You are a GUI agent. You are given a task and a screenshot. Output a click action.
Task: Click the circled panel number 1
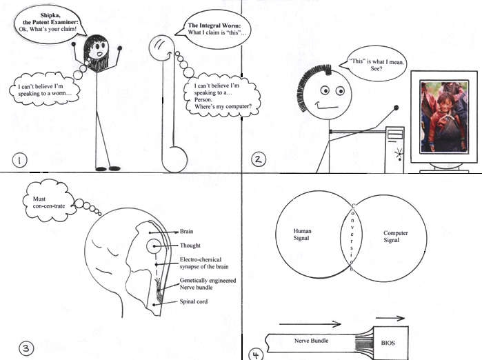20,160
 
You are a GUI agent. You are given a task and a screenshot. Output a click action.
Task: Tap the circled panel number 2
258,159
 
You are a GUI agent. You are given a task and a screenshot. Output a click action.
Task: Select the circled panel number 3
26,348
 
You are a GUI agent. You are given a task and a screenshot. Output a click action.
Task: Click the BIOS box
390,343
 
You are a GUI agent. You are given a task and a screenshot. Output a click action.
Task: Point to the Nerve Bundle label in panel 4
311,341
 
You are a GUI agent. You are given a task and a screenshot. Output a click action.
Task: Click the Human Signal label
302,234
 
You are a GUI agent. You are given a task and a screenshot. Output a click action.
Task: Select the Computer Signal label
396,237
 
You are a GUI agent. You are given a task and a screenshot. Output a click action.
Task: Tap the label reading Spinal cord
193,301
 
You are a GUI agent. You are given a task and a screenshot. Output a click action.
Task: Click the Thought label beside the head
190,246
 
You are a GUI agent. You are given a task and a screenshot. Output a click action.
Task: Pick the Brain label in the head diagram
186,231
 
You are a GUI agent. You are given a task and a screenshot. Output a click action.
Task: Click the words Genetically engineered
208,281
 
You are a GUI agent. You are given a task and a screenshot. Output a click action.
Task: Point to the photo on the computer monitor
445,117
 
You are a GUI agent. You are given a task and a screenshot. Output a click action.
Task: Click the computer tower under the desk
394,150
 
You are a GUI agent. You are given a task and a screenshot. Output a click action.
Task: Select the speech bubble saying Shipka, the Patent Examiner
49,24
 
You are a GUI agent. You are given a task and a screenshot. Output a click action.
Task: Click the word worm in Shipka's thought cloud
60,94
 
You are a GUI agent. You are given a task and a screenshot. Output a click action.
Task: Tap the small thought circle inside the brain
153,246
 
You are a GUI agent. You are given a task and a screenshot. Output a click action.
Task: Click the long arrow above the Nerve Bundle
310,323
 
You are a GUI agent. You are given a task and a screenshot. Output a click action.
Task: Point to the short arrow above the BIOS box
390,318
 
